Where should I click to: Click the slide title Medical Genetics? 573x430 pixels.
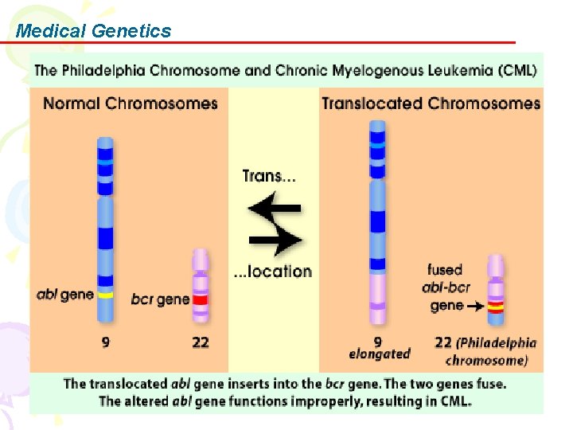point(93,31)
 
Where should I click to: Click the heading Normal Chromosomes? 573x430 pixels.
point(131,103)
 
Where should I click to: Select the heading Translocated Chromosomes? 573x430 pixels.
point(431,103)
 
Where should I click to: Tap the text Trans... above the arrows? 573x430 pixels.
point(269,175)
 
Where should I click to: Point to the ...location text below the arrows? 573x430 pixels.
point(272,272)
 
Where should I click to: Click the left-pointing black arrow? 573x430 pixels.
point(274,209)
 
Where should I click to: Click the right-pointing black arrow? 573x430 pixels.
point(275,238)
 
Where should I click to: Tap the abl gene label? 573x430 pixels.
point(64,294)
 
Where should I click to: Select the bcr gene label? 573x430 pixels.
point(160,299)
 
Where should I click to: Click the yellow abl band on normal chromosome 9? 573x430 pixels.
point(105,295)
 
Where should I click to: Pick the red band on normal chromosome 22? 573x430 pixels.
point(201,300)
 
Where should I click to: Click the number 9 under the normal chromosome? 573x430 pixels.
point(104,342)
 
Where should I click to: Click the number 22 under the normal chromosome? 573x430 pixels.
point(201,342)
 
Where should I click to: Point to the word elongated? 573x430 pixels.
point(380,354)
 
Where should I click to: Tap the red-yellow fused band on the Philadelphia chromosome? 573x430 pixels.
point(496,305)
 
